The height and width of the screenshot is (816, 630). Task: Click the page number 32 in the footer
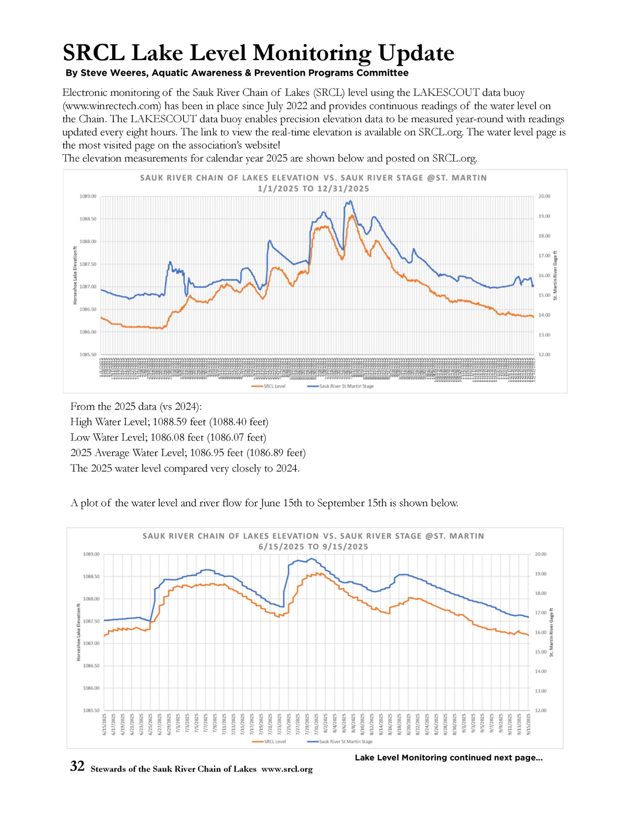(x=77, y=766)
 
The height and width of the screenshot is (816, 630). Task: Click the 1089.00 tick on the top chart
(x=88, y=196)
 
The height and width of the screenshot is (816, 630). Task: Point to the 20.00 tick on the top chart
(x=544, y=196)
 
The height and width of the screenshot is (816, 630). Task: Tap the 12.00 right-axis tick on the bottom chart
(x=541, y=710)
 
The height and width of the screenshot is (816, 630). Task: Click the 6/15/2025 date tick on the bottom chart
(x=104, y=724)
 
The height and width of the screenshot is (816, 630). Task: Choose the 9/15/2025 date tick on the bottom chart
(x=529, y=724)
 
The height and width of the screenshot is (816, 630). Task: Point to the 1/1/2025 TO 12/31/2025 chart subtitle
(x=313, y=188)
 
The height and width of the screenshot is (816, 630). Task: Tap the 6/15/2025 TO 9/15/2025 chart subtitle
(x=313, y=547)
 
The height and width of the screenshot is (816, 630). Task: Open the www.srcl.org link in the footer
(x=287, y=769)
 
